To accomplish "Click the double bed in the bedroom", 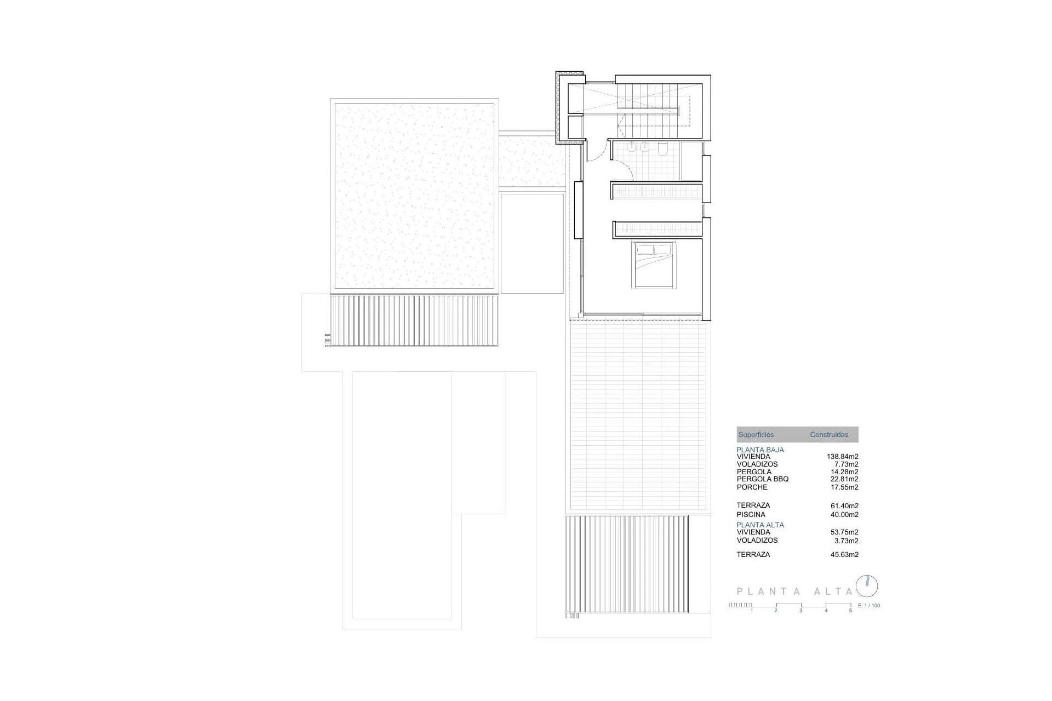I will coord(654,265).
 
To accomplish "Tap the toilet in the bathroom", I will coord(662,150).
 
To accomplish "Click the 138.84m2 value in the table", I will coord(842,456).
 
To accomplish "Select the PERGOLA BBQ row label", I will coord(763,479).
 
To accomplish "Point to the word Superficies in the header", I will coord(756,435).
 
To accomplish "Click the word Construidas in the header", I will coord(829,435).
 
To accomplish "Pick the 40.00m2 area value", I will coord(844,515).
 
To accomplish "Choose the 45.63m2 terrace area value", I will coord(844,555).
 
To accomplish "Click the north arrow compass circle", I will coord(867,586).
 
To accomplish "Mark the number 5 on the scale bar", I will coord(850,611).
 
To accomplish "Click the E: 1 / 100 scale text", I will coord(869,606).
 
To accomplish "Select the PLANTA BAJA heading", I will coord(760,450).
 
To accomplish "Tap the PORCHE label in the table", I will coord(752,487).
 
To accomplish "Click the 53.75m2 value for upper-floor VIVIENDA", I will coord(844,532).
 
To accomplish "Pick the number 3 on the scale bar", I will coord(801,611).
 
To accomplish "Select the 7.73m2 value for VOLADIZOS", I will coord(847,464).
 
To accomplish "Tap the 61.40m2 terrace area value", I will coord(844,506).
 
